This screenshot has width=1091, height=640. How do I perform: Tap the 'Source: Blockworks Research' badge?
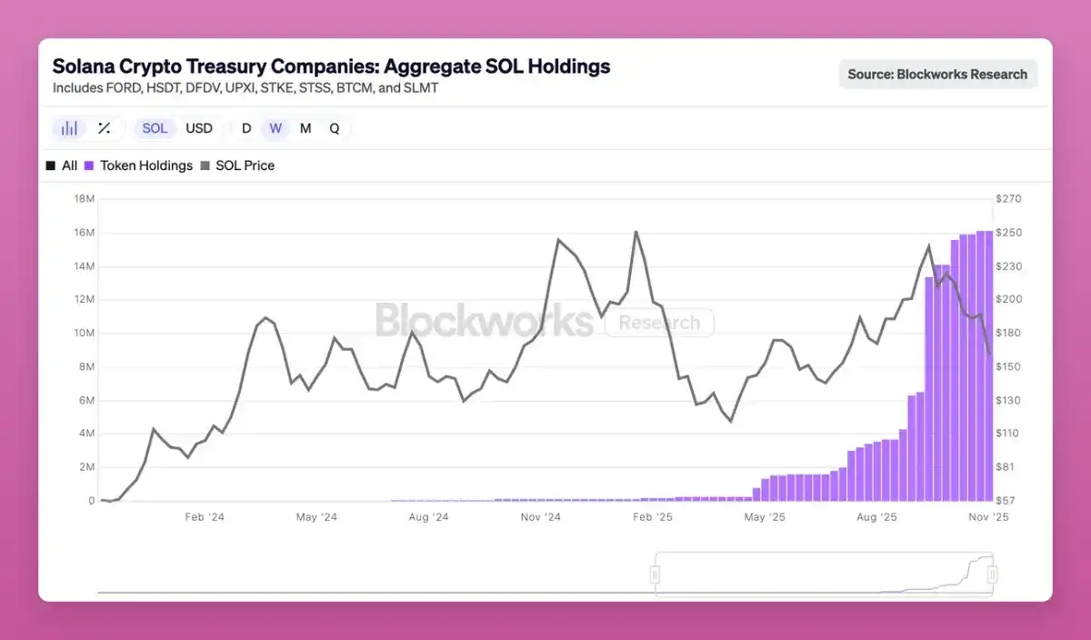click(937, 75)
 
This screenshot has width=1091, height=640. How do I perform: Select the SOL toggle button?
click(155, 128)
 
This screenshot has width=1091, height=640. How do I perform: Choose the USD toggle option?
click(199, 128)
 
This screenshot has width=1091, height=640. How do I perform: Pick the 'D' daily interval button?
click(246, 128)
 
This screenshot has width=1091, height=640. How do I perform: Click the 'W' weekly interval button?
click(275, 128)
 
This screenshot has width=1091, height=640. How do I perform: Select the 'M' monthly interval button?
click(305, 128)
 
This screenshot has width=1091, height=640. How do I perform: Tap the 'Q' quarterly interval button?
click(335, 128)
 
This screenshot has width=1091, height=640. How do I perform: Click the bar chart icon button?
click(69, 128)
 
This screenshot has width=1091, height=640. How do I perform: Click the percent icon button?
click(105, 128)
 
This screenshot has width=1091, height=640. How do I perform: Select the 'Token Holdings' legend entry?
click(145, 165)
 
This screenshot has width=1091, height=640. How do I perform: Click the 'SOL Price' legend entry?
click(244, 165)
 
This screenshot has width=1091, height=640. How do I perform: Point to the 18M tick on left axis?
click(83, 199)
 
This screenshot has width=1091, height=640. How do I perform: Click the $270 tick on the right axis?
click(1009, 199)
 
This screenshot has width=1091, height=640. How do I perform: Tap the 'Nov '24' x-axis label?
click(541, 517)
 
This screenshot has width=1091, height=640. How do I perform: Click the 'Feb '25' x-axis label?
click(653, 517)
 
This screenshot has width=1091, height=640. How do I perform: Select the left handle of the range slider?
click(654, 575)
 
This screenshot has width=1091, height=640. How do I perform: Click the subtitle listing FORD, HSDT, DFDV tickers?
click(245, 88)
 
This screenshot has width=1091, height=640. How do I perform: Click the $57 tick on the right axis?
click(1006, 501)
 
